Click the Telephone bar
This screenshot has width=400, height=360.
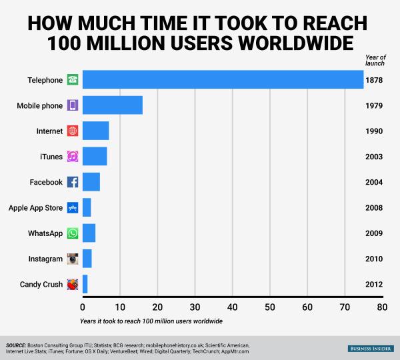pyautogui.click(x=223, y=79)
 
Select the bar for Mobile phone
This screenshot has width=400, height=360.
pyautogui.click(x=112, y=105)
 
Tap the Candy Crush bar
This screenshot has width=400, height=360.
pyautogui.click(x=85, y=285)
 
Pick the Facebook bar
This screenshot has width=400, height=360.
pyautogui.click(x=91, y=182)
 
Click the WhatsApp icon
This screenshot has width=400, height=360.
pyautogui.click(x=73, y=233)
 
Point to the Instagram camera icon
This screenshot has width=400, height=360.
pyautogui.click(x=73, y=259)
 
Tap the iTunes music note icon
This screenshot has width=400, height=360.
pyautogui.click(x=73, y=157)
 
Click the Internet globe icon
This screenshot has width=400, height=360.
pyautogui.click(x=73, y=131)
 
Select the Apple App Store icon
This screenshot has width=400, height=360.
pyautogui.click(x=73, y=208)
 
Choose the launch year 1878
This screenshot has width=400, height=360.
pyautogui.click(x=374, y=80)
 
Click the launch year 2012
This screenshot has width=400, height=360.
pyautogui.click(x=374, y=285)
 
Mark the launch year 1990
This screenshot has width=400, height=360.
pyautogui.click(x=374, y=131)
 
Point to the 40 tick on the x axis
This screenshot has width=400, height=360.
pyautogui.click(x=232, y=308)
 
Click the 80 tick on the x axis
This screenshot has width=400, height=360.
pyautogui.click(x=381, y=308)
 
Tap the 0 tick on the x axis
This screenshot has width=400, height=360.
pyautogui.click(x=83, y=308)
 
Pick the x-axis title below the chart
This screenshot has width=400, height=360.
pyautogui.click(x=150, y=321)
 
